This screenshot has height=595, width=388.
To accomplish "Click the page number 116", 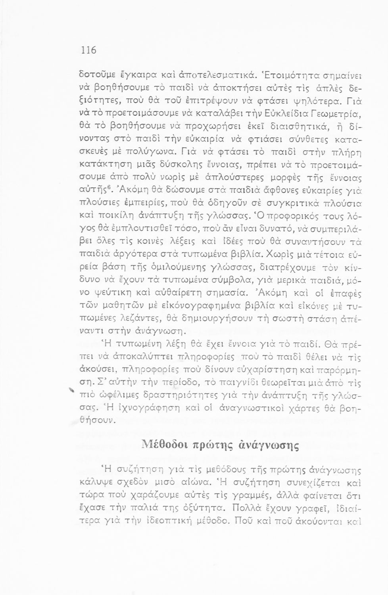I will (x=88, y=50).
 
